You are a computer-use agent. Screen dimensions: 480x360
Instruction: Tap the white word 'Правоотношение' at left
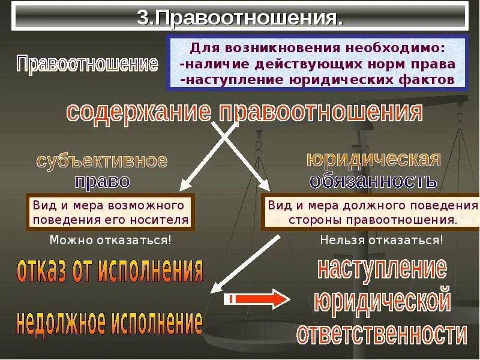click(x=88, y=64)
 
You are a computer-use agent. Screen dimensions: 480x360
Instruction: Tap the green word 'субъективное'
click(x=102, y=161)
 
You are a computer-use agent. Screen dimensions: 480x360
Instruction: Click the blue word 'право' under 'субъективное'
click(x=102, y=181)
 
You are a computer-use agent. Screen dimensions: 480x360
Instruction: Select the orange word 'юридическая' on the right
click(x=374, y=160)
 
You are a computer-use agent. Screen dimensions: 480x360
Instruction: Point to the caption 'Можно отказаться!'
click(x=110, y=241)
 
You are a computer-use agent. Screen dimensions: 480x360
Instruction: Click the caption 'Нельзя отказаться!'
click(x=382, y=241)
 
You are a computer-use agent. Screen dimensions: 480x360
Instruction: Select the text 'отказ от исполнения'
click(x=110, y=271)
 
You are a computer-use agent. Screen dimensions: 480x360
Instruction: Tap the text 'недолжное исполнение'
click(x=109, y=323)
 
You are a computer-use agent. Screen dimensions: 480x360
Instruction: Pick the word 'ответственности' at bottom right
click(x=382, y=333)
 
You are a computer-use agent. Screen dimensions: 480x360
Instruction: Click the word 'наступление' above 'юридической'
click(x=382, y=268)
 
